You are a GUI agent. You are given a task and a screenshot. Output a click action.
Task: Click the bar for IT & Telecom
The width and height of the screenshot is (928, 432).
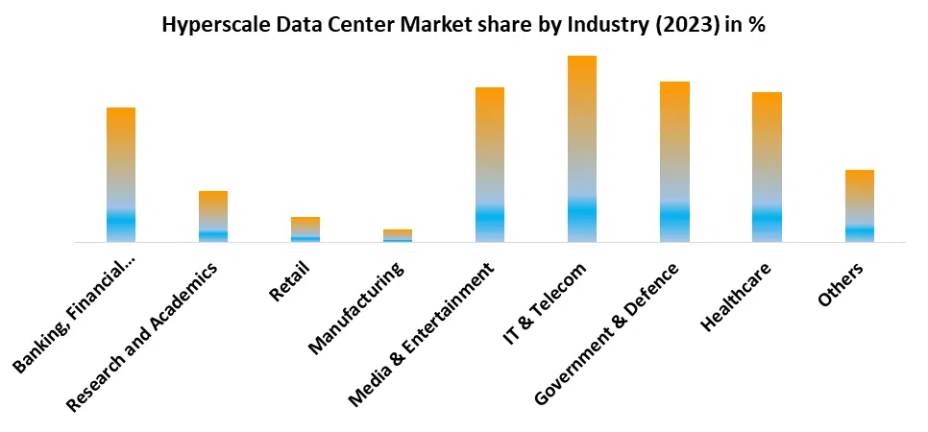click(581, 149)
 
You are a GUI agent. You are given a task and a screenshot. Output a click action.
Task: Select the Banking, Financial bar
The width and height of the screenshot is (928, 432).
click(121, 175)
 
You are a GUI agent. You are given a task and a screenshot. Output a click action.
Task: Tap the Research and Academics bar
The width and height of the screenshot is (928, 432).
click(213, 216)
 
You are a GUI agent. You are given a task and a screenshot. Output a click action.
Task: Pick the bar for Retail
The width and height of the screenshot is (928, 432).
click(305, 229)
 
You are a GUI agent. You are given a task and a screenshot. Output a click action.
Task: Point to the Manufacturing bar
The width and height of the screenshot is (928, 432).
click(398, 235)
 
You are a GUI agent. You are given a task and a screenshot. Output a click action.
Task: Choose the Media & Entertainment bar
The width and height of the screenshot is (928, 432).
click(490, 164)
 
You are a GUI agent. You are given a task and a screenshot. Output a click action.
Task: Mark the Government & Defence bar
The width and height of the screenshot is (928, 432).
click(674, 161)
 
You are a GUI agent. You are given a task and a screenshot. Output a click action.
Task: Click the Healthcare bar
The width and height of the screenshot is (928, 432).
click(767, 167)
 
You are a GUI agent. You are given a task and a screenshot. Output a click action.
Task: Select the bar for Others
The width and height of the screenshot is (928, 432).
click(859, 205)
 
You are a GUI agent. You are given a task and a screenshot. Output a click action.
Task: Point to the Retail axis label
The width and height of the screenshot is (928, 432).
click(290, 281)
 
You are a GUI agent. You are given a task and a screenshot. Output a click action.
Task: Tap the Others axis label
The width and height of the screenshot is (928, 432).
click(841, 284)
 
